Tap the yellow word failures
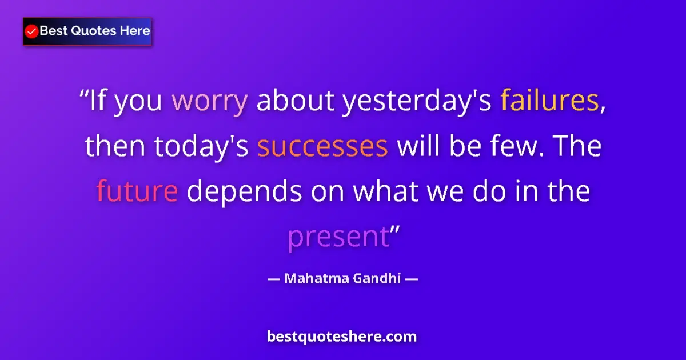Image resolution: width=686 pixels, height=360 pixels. coord(549,102)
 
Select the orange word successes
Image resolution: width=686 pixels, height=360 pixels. coord(322,147)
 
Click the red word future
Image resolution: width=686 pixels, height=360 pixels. coord(137,191)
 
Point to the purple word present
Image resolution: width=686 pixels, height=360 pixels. coord(338,237)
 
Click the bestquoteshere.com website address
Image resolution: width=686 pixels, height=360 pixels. coord(342,337)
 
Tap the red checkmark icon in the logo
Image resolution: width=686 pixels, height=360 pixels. coord(32,31)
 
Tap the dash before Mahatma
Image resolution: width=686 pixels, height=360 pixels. coord(273,279)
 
